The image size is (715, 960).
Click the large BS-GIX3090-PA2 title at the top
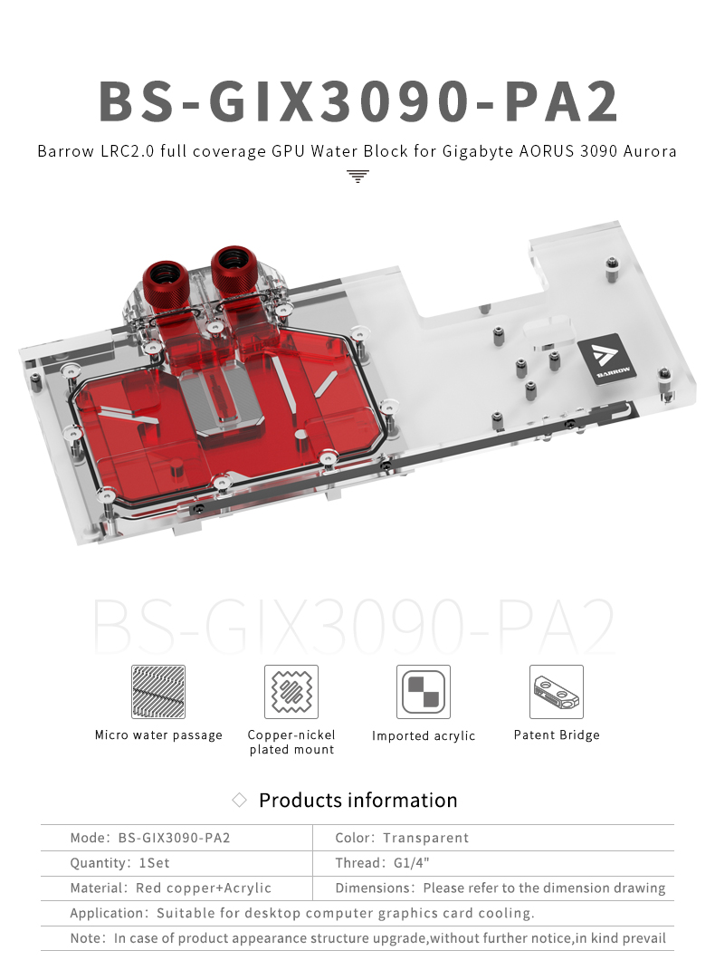pos(358,101)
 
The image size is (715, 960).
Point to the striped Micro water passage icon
pos(157,692)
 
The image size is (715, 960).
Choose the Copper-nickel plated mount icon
pos(291,692)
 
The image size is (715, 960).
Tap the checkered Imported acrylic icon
pos(424,692)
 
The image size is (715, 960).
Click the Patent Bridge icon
pos(557,692)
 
